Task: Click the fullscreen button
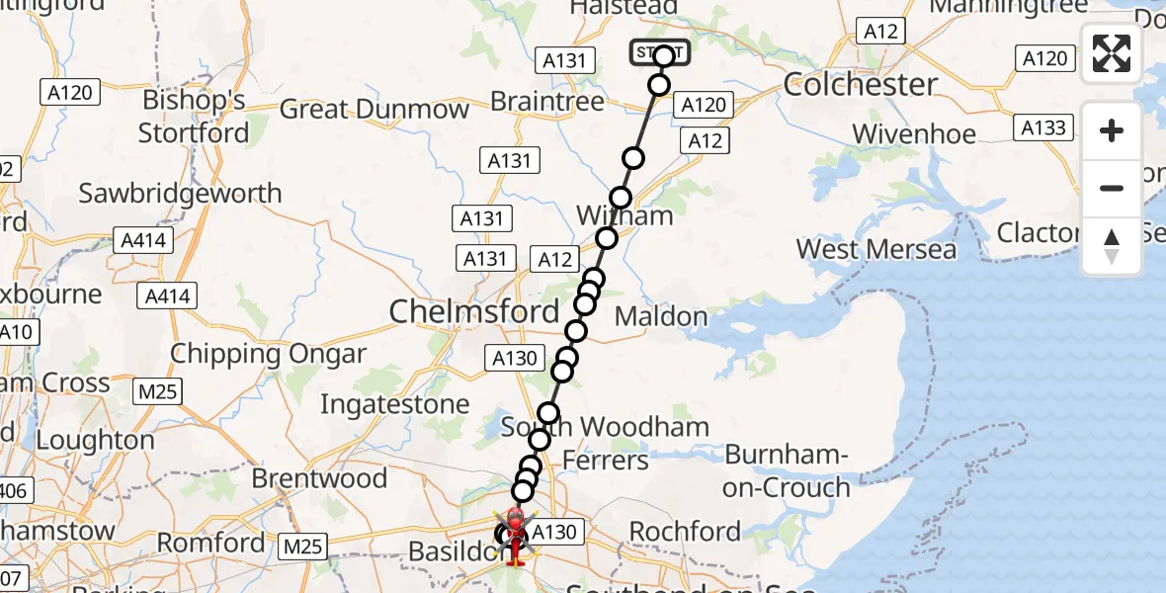coord(1112,53)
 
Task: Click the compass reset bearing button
coord(1112,246)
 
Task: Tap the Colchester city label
coord(861,84)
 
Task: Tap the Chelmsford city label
coord(474,312)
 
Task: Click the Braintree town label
coord(546,102)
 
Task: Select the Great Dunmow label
coord(374,109)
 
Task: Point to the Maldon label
coord(661,317)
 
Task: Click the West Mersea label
coord(876,249)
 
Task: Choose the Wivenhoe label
coord(914,133)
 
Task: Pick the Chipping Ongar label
coord(268,354)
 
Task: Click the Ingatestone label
coord(394,404)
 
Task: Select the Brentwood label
coord(319,478)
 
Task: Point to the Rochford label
coord(685,532)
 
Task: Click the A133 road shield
coord(1043,127)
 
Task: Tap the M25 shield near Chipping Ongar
coord(157,392)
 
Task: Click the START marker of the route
coord(660,52)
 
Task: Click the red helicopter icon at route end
coord(515,535)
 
